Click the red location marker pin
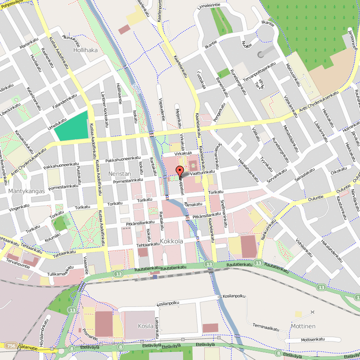(x=180, y=171)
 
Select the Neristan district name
(x=119, y=174)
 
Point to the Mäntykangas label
(x=27, y=191)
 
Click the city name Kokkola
(x=171, y=241)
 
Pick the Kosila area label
(x=133, y=325)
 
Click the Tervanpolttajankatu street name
(x=259, y=72)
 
